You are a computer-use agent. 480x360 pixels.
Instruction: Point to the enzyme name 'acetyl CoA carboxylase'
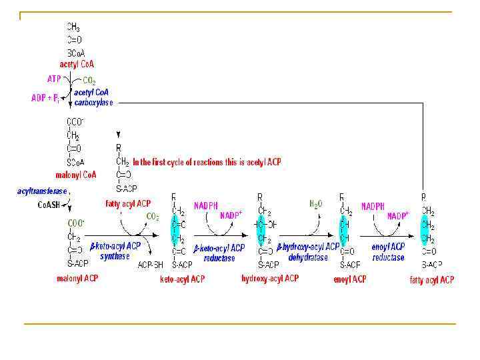point(94,97)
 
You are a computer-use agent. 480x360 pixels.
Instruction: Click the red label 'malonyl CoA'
point(77,175)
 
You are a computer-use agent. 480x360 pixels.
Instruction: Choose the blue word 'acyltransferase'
point(42,191)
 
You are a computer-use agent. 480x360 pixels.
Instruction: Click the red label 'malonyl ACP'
point(77,278)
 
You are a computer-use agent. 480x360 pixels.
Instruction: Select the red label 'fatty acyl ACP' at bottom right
point(431,280)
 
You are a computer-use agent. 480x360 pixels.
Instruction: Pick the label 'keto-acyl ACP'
point(182,279)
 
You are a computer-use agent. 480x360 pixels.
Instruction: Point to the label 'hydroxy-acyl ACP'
point(270,278)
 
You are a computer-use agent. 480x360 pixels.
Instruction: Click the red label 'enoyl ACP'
point(349,279)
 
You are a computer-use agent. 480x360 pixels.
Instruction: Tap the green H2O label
point(316,204)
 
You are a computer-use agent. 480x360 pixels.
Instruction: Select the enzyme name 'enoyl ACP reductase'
point(388,252)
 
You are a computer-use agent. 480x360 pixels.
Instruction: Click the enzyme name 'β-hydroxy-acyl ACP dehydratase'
point(308,251)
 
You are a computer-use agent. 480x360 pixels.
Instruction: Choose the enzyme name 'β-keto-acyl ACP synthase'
point(115,251)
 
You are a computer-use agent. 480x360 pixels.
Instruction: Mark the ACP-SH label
point(150,265)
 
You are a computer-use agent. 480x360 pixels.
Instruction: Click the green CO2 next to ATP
point(89,81)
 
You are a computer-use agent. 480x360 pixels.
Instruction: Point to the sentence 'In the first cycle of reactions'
point(207,162)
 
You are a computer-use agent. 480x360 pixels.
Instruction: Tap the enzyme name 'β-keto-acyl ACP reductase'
point(219,253)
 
